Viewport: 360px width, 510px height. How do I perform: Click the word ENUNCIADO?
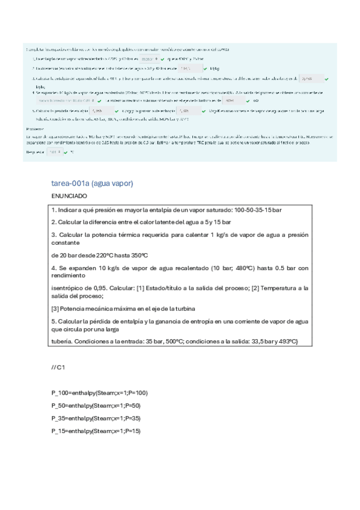click(x=69, y=196)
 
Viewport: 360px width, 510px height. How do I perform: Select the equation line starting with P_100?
click(x=99, y=393)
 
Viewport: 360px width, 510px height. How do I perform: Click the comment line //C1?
click(x=58, y=366)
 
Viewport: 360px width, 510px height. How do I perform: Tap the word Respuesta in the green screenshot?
click(x=35, y=153)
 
